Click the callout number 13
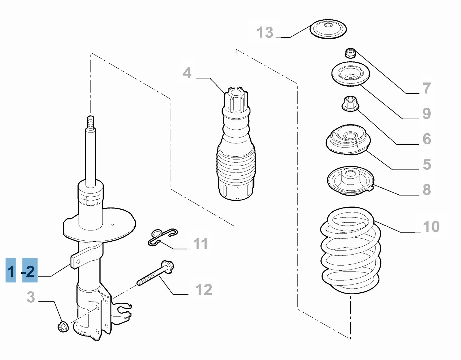click(265, 32)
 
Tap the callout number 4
click(187, 73)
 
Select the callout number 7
click(427, 88)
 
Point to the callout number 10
click(431, 227)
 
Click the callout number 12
click(204, 289)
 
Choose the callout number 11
click(200, 244)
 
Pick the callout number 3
click(31, 297)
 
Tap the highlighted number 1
click(11, 271)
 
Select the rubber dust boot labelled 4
click(236, 156)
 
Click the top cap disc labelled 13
click(328, 29)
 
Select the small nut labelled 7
click(350, 53)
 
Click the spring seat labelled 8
click(350, 181)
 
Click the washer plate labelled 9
click(350, 74)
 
